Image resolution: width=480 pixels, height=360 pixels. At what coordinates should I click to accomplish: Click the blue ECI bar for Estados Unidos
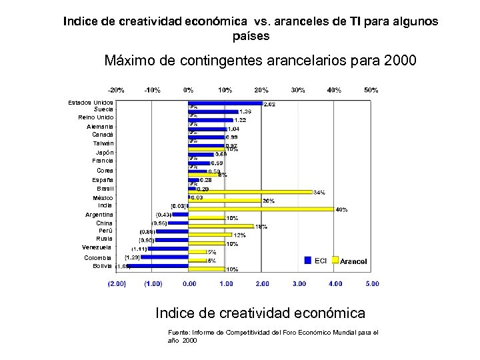225,103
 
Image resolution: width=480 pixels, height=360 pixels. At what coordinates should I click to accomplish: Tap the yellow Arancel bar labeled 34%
250,192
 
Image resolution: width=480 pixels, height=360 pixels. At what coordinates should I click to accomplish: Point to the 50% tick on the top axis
371,90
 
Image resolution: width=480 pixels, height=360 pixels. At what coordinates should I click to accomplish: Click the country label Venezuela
97,247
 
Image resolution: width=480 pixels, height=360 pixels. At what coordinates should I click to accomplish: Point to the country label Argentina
99,215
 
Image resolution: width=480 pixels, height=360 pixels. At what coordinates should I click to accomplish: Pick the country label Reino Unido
95,117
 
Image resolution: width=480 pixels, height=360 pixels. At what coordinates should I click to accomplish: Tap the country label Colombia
98,257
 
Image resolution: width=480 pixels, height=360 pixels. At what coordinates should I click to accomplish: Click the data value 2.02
270,104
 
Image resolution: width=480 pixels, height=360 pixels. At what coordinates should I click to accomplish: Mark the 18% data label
261,227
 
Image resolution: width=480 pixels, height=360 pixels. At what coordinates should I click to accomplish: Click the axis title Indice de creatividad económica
260,313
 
